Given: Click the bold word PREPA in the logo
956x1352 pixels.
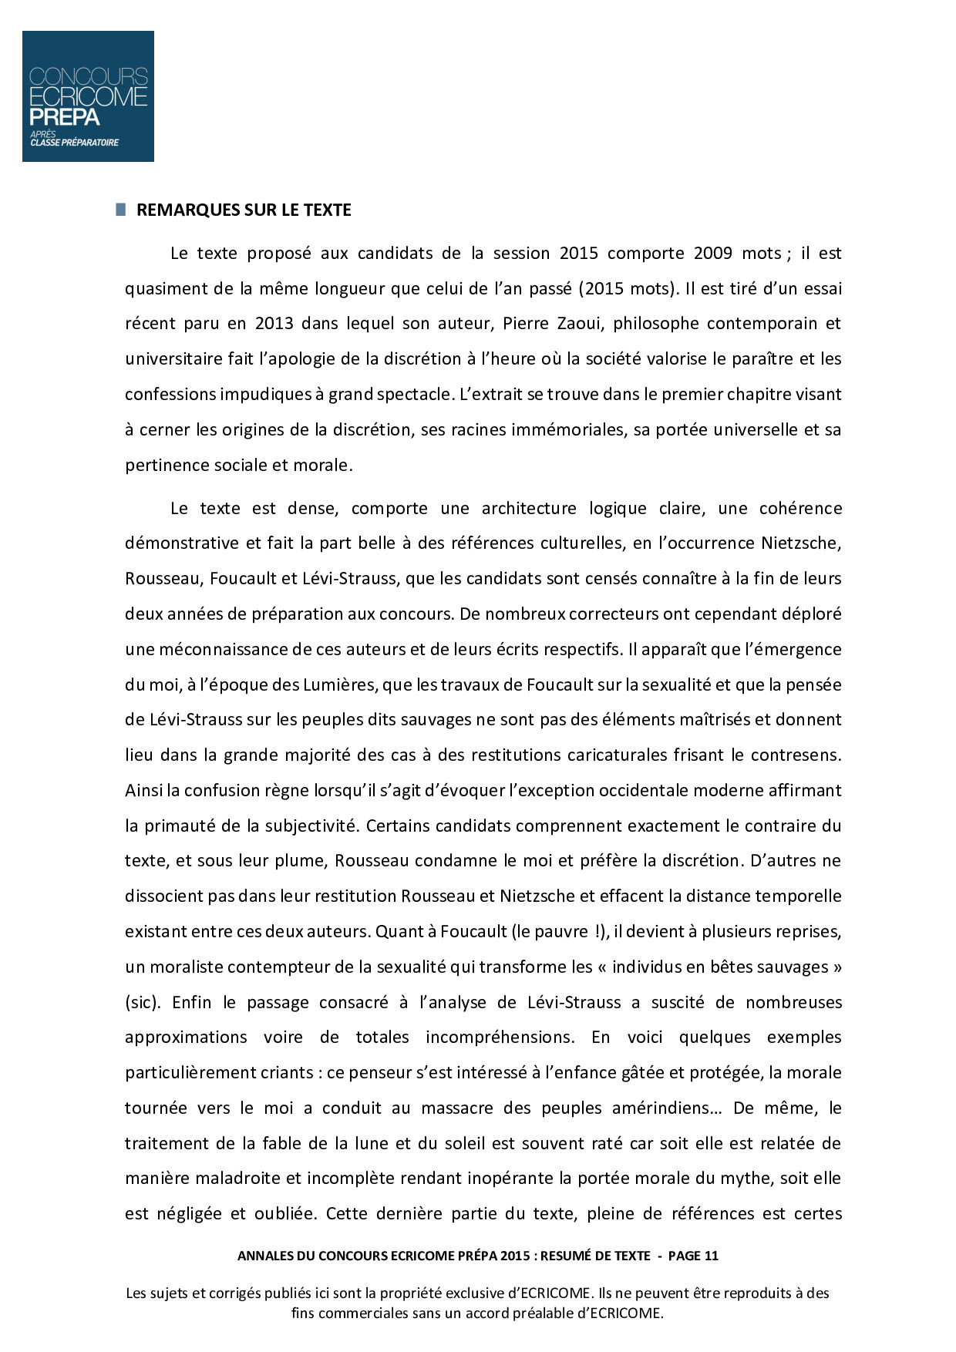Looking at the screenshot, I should pyautogui.click(x=65, y=116).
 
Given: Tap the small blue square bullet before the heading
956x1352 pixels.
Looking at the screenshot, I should pyautogui.click(x=120, y=210).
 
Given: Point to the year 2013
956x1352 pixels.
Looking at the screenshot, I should pyautogui.click(x=274, y=323).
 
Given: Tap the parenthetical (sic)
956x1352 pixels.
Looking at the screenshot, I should pyautogui.click(x=143, y=1002).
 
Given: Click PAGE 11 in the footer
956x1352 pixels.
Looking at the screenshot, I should pyautogui.click(x=693, y=1255).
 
